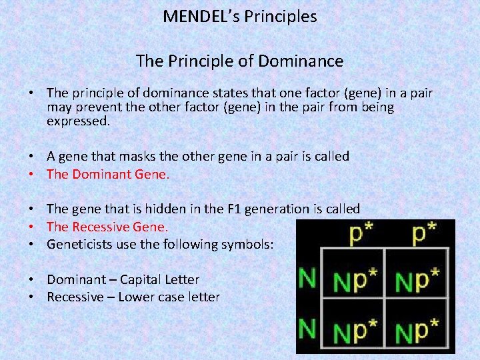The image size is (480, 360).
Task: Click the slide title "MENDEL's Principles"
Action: (239, 17)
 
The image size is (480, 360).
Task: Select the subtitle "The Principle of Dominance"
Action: (239, 62)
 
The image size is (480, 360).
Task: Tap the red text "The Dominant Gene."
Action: (108, 175)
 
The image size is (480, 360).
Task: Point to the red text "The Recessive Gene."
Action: (108, 227)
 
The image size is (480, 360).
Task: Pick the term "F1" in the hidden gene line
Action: (235, 209)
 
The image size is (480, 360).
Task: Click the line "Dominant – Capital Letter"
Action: (123, 280)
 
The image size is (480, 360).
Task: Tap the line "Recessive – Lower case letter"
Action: (133, 297)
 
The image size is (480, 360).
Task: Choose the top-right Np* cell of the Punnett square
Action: (417, 281)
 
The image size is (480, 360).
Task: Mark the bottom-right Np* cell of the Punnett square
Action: (417, 330)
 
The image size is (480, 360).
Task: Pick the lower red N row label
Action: (307, 328)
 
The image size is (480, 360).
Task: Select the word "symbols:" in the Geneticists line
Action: (248, 245)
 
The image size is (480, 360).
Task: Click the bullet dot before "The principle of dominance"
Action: (31, 93)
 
